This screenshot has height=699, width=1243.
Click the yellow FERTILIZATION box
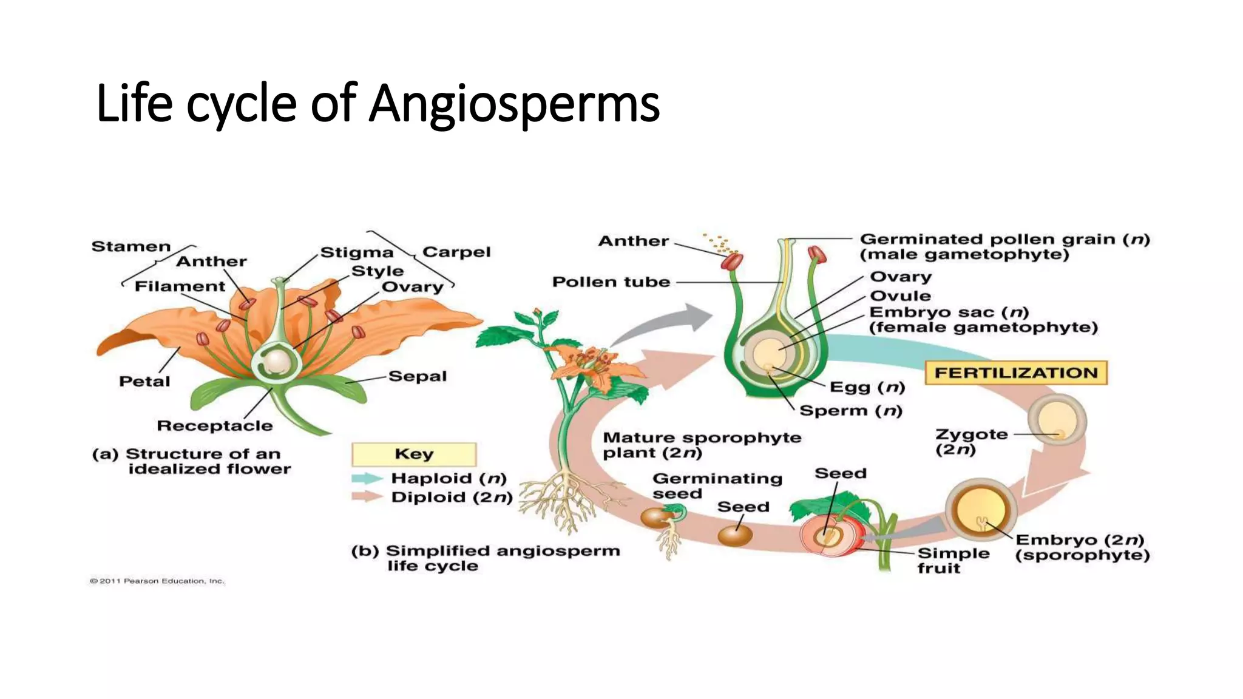pos(1016,373)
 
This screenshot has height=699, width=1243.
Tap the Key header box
pos(414,454)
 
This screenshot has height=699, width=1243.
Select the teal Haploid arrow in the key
pos(367,478)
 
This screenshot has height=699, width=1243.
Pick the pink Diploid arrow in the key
pos(367,497)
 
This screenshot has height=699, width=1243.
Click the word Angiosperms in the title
pos(515,103)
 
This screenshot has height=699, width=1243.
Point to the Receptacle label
pos(215,426)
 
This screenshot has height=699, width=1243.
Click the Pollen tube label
pos(611,282)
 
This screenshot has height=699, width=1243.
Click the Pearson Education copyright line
pos(157,581)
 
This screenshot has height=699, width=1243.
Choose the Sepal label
pos(418,376)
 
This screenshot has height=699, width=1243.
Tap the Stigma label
pos(357,252)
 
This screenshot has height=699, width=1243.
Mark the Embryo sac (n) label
pos(949,312)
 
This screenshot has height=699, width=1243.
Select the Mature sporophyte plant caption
pos(702,445)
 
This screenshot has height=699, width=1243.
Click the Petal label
pos(144,382)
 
